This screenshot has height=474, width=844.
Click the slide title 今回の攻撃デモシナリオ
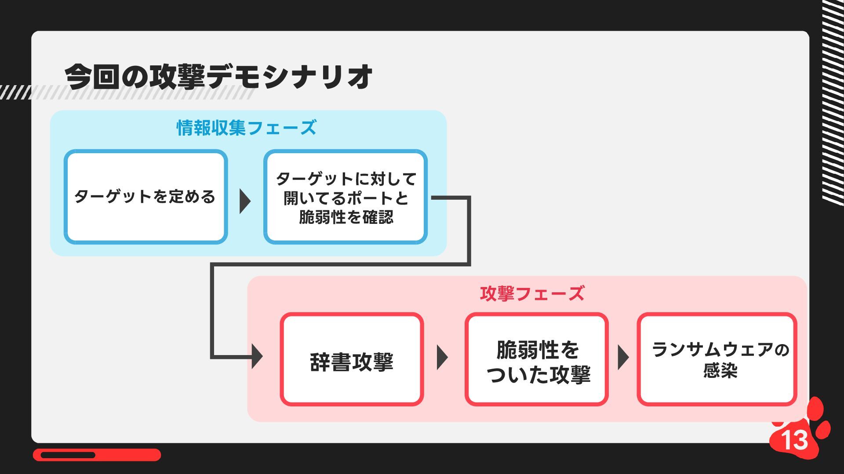point(218,77)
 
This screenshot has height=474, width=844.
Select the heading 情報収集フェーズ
point(246,128)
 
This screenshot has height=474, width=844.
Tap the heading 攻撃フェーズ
point(532,294)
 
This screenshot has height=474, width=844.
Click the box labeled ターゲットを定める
point(146,197)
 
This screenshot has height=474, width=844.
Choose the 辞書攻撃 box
point(352,359)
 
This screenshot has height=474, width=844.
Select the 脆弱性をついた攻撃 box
point(537,359)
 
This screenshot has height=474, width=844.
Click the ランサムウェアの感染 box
point(717,359)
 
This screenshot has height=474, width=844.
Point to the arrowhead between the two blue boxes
point(245,201)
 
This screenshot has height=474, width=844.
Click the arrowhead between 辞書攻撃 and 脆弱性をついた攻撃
point(442,357)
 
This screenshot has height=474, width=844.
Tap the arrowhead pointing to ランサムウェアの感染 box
point(623,357)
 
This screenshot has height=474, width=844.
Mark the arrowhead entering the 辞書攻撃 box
point(257,356)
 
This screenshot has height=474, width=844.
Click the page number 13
point(795,440)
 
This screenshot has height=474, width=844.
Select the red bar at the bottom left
point(97,455)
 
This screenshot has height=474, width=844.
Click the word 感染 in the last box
point(720,370)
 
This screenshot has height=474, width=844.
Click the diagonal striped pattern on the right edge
point(833,101)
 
